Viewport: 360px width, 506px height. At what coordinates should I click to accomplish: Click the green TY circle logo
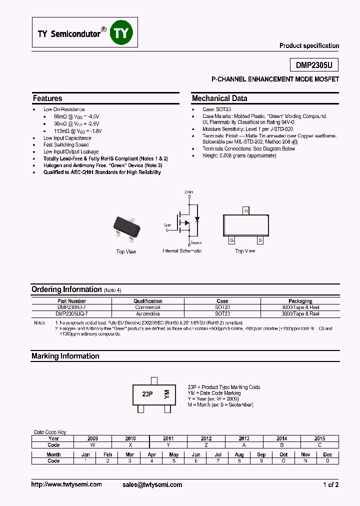tap(122, 33)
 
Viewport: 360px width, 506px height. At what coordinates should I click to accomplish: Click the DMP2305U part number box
tap(314, 65)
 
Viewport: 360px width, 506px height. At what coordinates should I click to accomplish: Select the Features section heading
tap(47, 98)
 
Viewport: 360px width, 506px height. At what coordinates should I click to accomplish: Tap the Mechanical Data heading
tap(219, 98)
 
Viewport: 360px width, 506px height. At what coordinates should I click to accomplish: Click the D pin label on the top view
tap(246, 211)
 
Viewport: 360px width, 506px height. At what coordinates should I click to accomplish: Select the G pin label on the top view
tap(232, 240)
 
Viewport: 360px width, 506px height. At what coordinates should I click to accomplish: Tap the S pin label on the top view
tap(260, 240)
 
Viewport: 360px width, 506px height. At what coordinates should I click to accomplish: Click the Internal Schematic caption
tap(182, 251)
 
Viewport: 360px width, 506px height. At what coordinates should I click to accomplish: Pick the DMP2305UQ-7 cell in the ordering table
tap(71, 313)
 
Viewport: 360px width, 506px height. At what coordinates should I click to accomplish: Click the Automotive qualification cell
tap(147, 313)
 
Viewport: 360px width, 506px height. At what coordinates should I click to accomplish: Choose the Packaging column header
tap(300, 301)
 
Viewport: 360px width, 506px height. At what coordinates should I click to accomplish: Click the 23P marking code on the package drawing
tap(147, 394)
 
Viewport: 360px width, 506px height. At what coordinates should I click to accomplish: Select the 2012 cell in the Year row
tap(206, 438)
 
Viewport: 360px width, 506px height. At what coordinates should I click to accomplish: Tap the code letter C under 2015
tap(319, 444)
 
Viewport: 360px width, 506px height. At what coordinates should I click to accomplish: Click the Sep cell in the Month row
tap(261, 454)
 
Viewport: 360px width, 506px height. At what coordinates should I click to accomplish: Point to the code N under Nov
tap(305, 460)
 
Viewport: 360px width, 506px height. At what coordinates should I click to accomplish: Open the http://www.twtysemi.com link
tap(66, 484)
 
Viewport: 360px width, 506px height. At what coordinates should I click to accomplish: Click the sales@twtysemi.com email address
tap(152, 484)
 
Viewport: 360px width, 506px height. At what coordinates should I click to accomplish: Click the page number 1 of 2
tap(330, 484)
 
